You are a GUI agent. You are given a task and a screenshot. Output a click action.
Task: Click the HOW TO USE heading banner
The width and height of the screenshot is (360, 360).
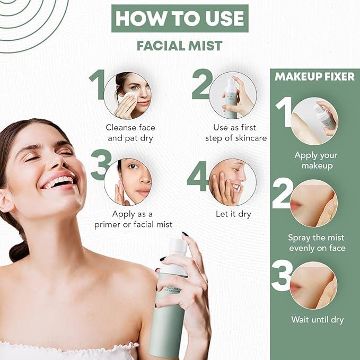(180, 19)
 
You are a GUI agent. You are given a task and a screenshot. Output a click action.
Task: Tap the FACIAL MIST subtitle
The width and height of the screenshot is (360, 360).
(180, 46)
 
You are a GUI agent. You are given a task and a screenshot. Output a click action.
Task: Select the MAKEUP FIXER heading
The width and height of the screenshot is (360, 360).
(315, 77)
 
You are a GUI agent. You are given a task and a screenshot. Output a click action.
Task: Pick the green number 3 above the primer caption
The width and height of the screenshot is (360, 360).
(101, 164)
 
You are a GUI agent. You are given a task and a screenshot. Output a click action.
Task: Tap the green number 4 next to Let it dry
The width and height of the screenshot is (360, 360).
(198, 176)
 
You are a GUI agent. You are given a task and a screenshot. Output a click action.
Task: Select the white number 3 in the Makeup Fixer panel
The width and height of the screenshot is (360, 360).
(282, 276)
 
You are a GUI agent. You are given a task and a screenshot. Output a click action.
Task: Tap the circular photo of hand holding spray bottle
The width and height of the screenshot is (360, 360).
(233, 95)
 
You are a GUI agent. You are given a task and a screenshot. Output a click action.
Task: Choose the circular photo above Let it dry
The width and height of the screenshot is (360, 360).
(233, 182)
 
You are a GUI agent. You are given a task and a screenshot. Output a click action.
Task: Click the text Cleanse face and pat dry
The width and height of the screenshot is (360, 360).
(130, 133)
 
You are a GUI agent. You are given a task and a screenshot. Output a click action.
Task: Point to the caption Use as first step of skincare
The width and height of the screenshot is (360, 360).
(236, 133)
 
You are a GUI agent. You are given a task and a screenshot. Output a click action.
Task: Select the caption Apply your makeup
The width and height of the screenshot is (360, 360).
(316, 160)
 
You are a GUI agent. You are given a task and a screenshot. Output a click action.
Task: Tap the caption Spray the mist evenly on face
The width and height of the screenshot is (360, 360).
(317, 243)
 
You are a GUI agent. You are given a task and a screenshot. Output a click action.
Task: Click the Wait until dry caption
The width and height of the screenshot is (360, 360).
(317, 320)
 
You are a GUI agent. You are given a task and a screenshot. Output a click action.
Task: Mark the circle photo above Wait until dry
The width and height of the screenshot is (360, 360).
(313, 285)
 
